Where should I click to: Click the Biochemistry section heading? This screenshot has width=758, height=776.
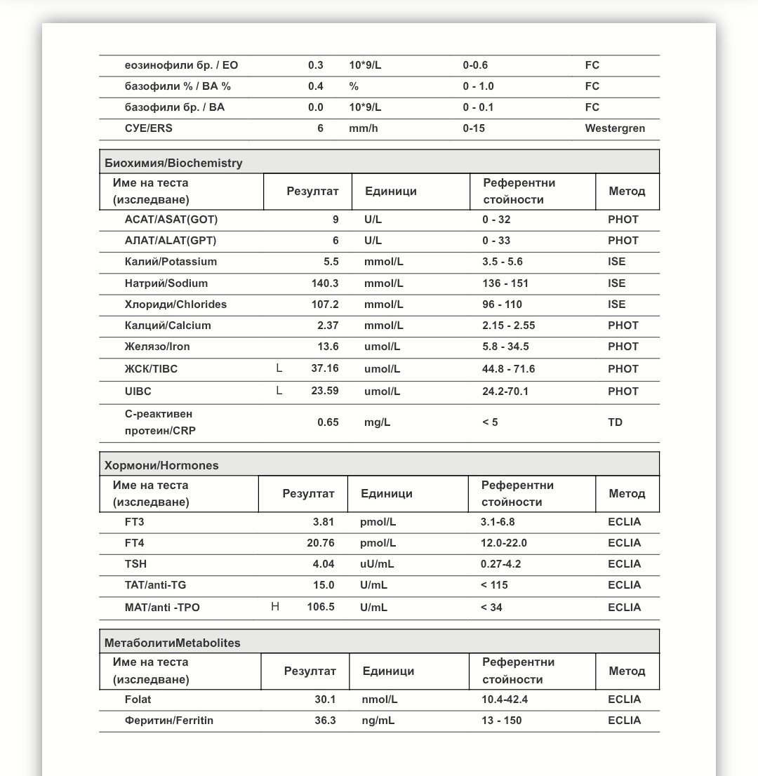173,163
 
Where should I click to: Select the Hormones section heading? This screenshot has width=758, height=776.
161,465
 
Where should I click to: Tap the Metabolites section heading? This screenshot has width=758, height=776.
172,643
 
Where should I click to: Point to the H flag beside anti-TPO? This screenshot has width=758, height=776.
275,607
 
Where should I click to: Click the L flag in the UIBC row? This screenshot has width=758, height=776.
279,391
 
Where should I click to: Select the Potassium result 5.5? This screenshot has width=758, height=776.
331,262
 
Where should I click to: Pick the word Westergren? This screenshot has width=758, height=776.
615,128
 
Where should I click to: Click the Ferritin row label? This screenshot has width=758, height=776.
168,721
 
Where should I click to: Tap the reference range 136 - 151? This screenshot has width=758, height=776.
505,283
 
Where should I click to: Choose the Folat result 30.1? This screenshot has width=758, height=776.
325,700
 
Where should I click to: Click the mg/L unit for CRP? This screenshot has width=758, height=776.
377,422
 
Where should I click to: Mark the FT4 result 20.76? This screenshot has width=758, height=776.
320,543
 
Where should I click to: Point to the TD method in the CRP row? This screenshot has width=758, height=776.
615,422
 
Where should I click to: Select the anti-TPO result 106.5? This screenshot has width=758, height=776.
320,607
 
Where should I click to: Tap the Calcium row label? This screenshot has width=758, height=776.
168,326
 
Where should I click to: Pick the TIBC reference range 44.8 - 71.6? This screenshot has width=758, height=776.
508,369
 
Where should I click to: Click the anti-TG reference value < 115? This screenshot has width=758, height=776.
494,585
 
